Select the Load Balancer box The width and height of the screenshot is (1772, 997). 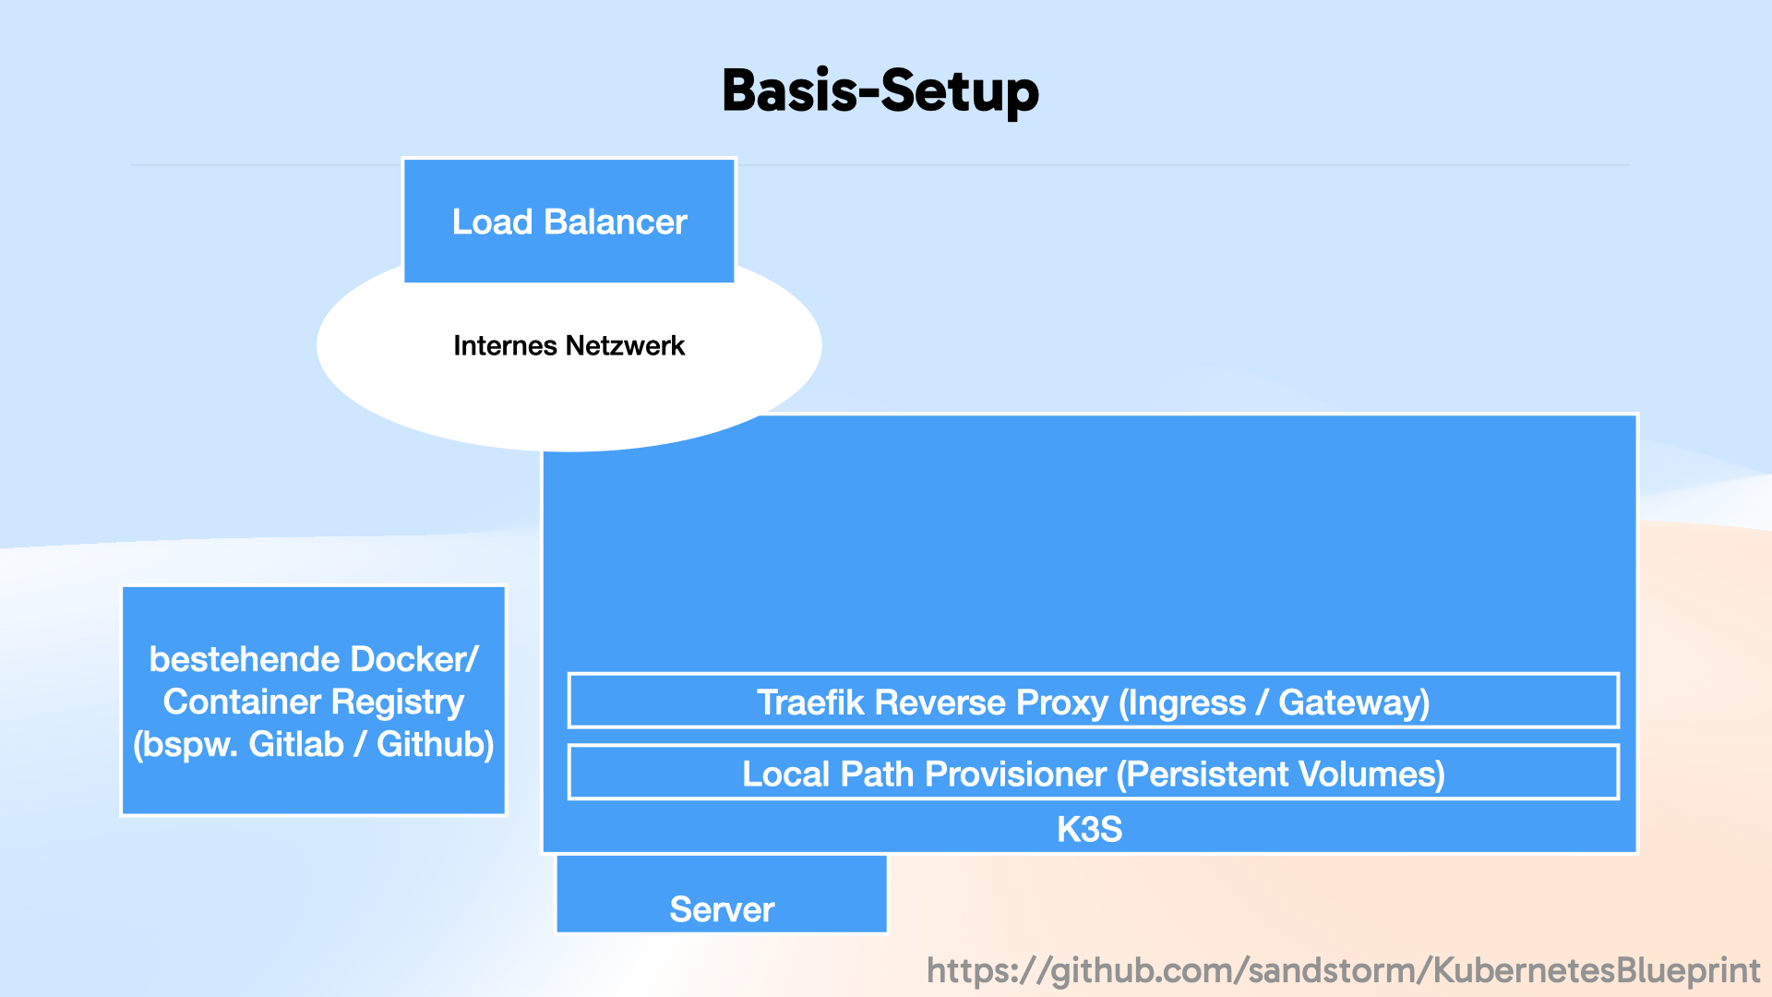[x=569, y=222]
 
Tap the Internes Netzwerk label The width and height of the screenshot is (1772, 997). [x=569, y=346]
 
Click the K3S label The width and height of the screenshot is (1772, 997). [x=1089, y=829]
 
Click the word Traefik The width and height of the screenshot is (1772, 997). [x=809, y=703]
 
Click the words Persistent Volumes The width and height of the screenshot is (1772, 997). [x=1281, y=774]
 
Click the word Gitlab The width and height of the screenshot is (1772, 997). [x=295, y=744]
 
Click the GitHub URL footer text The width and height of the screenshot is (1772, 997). [x=1343, y=970]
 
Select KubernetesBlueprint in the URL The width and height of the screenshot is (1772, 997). [x=1596, y=970]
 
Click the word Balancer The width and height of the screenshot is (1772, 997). [x=615, y=222]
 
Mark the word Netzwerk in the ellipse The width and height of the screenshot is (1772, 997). [x=626, y=346]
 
